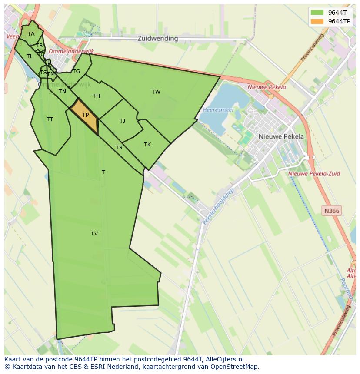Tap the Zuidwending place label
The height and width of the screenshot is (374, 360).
pos(157,38)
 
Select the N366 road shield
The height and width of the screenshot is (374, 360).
pos(332,211)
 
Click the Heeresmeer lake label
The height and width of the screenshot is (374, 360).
pos(218,110)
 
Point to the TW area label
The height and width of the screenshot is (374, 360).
pos(156,92)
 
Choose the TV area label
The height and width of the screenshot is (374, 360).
pos(94,233)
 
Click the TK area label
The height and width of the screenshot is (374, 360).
pos(147,144)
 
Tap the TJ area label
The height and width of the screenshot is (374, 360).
pos(122,121)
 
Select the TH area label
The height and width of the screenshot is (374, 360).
pos(96,96)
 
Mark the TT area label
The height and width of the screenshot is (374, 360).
pos(50,119)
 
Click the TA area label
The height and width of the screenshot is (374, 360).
pos(31,33)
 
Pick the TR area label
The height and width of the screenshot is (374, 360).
pos(119,147)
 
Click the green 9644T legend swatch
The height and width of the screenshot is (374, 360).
pos(317,12)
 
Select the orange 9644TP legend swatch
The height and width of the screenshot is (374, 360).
pos(317,21)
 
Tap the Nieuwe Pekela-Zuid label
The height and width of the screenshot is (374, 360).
pos(314,173)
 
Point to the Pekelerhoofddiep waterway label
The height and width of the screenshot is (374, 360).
pos(218,206)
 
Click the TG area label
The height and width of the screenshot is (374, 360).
pos(77,71)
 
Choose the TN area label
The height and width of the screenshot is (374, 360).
pos(62,91)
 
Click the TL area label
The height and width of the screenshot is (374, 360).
pos(30,56)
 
